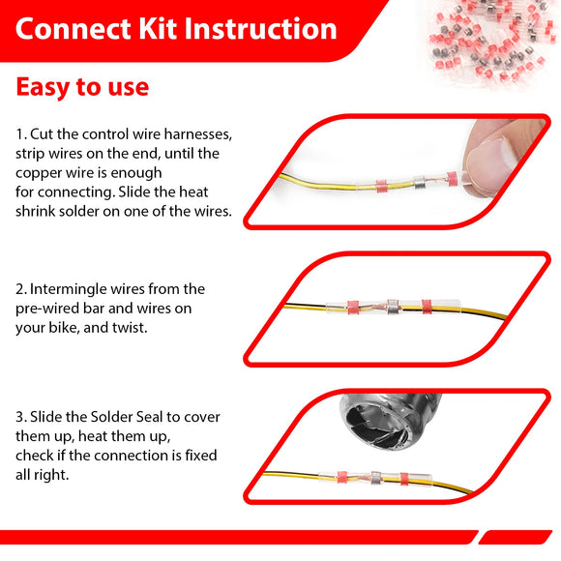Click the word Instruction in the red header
[x=260, y=29]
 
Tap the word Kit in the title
[x=158, y=29]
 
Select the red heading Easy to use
[x=82, y=87]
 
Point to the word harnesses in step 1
[x=197, y=134]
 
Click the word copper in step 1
[x=37, y=174]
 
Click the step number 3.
[x=20, y=417]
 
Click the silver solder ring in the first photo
[x=419, y=183]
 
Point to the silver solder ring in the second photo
[x=393, y=307]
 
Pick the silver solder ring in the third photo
[x=375, y=478]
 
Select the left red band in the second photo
[x=353, y=308]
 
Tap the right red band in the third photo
[x=404, y=479]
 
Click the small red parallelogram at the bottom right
[x=516, y=538]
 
